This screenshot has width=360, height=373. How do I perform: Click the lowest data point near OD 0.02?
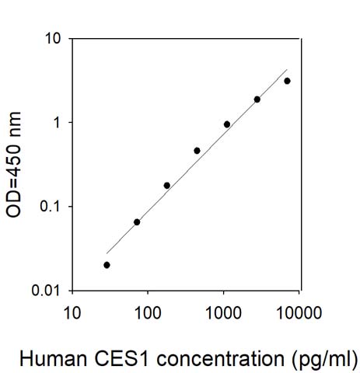(107, 265)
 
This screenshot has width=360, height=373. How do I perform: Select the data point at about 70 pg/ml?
(137, 222)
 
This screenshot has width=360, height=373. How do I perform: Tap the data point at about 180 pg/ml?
(167, 186)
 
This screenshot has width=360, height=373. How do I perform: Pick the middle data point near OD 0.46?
(197, 151)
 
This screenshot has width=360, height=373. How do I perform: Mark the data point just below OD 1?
(227, 124)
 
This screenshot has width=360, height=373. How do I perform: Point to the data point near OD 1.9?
(257, 99)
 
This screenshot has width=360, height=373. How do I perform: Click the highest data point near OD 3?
(287, 81)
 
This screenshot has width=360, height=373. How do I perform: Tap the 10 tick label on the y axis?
(52, 39)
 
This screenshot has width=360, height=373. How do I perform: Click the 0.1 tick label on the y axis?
(50, 207)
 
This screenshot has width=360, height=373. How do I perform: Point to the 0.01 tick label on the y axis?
(46, 291)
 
